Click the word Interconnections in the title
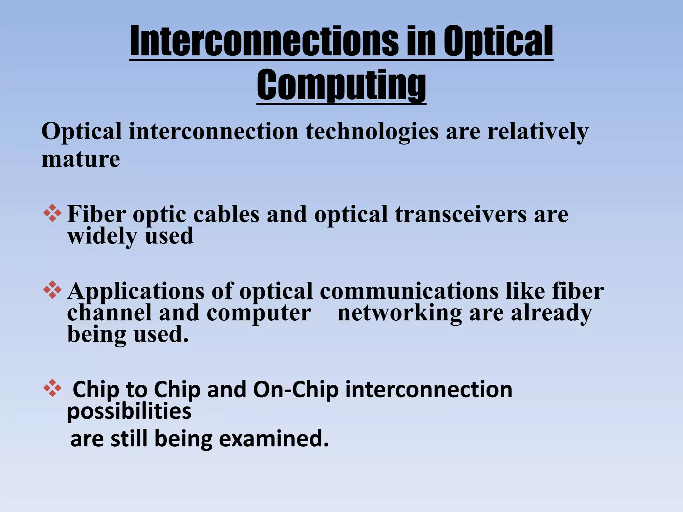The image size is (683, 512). (x=263, y=42)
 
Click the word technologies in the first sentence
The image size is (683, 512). (x=372, y=132)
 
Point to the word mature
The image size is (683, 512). (x=81, y=159)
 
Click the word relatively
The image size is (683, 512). (x=538, y=132)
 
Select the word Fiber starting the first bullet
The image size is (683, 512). (x=96, y=214)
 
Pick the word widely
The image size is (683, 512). (x=102, y=236)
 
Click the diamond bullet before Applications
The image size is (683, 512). (x=52, y=290)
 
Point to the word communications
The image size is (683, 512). (x=409, y=291)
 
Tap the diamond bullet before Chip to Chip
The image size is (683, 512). (x=52, y=388)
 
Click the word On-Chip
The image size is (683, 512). (x=295, y=390)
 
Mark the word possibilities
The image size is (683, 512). (x=129, y=412)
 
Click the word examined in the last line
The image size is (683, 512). (x=273, y=439)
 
